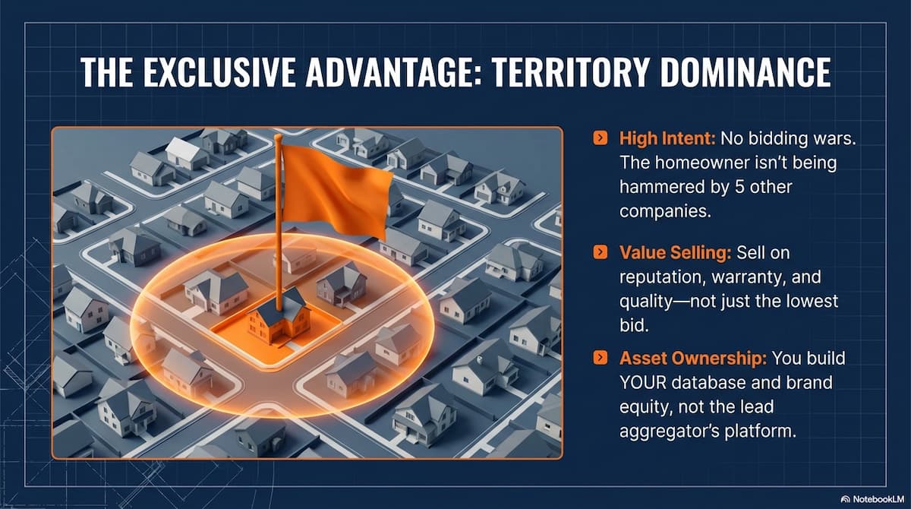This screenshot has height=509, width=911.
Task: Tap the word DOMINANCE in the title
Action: pos(746,72)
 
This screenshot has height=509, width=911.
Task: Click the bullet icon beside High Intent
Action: pos(601,138)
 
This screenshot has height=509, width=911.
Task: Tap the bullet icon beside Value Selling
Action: pos(601,252)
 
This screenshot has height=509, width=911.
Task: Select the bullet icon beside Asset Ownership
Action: pos(601,358)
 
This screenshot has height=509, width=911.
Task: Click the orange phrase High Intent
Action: pos(667,139)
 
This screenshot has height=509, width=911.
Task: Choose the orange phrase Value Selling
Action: pos(675,253)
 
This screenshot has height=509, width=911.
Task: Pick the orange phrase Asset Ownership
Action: pos(693,359)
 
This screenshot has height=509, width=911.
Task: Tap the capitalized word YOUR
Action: pos(643,383)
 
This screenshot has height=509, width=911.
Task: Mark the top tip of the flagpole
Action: pos(278,135)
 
